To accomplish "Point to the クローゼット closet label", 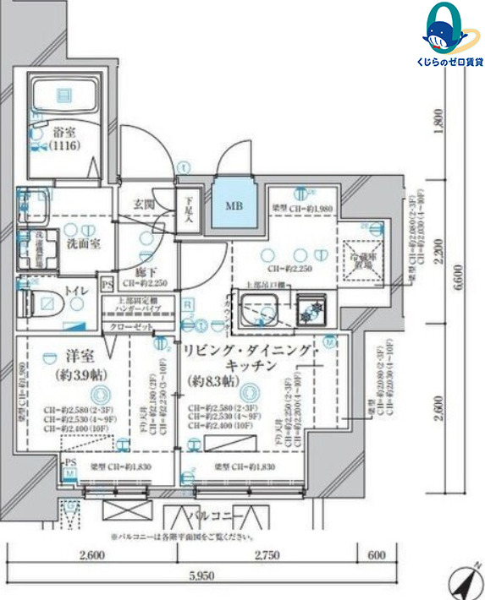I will pos(130,326).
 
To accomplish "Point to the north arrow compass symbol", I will pos(463,582).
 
